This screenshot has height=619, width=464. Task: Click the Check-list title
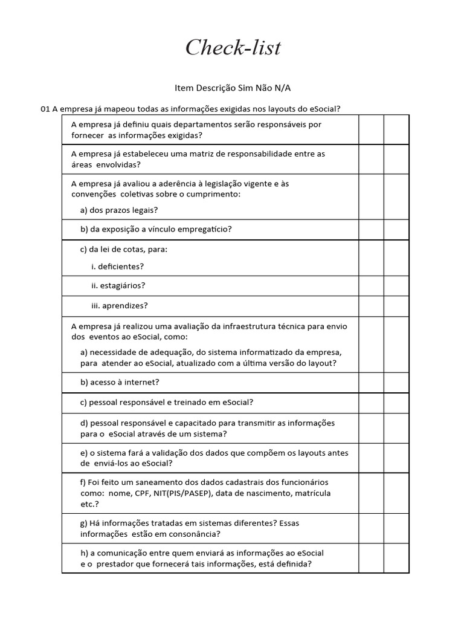[x=233, y=48]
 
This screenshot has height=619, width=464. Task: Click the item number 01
[x=45, y=109]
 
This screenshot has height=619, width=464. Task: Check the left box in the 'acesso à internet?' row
[x=371, y=383]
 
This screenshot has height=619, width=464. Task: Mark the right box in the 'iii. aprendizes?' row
[x=396, y=305]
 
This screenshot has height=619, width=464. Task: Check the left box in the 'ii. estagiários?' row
[x=371, y=285]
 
